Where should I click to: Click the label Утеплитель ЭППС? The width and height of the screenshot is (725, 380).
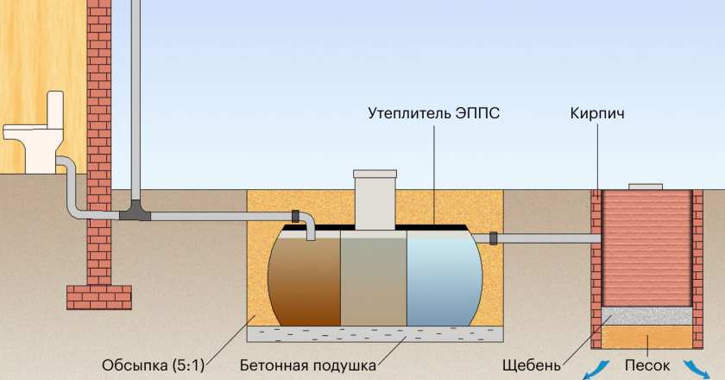(x=433, y=113)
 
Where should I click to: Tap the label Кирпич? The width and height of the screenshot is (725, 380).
(x=596, y=113)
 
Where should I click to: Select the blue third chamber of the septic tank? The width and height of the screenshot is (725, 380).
(x=443, y=276)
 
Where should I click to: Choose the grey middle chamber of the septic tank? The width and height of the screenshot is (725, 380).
(x=373, y=276)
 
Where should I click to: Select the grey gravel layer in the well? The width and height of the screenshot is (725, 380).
(x=647, y=316)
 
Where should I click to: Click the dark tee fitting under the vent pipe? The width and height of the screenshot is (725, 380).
(x=136, y=208)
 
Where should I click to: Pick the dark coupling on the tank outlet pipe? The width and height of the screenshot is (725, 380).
(x=494, y=237)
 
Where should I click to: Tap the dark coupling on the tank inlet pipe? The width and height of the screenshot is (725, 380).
(x=296, y=214)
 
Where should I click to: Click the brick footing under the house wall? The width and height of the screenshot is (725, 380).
(x=99, y=296)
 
